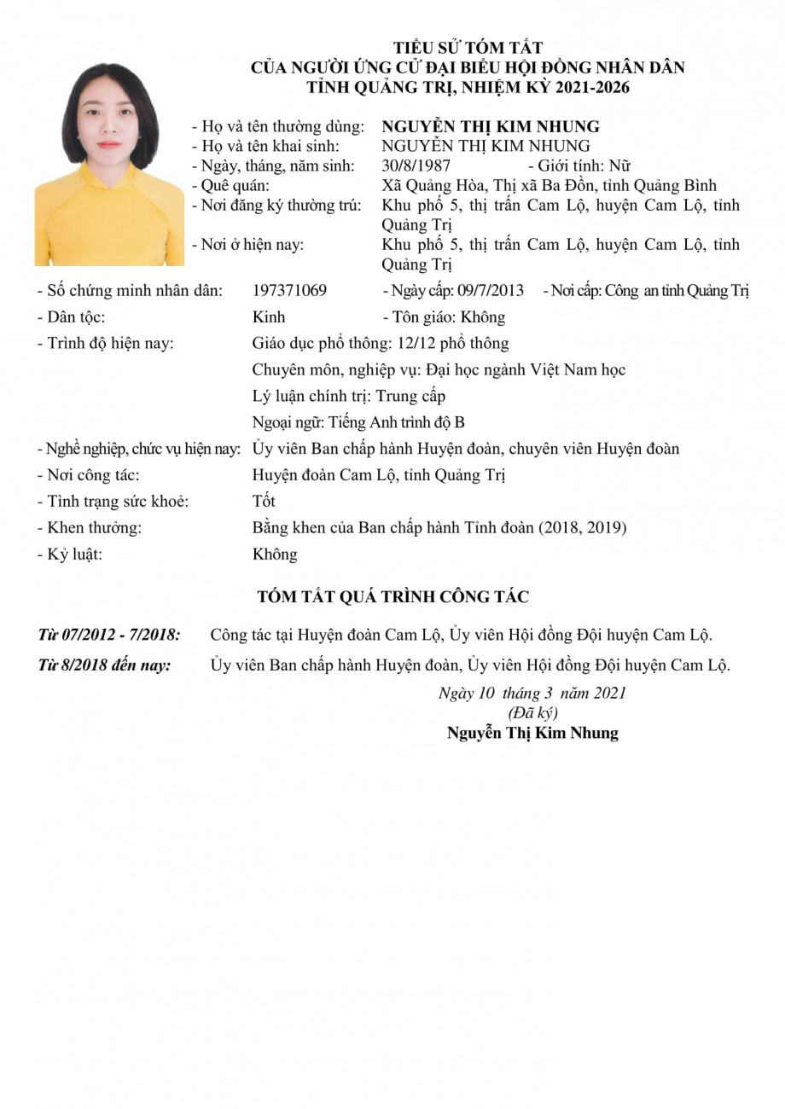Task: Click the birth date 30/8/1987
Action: click(416, 165)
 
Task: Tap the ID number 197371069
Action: click(289, 290)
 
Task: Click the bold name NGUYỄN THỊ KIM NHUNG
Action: click(491, 126)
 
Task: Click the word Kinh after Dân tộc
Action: click(269, 317)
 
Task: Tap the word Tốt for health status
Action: click(264, 501)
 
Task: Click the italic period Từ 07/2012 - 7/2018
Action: click(109, 635)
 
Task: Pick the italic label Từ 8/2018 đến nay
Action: click(104, 665)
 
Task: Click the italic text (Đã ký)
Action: click(532, 712)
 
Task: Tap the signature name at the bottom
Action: click(532, 733)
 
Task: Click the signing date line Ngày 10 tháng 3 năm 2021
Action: click(532, 693)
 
